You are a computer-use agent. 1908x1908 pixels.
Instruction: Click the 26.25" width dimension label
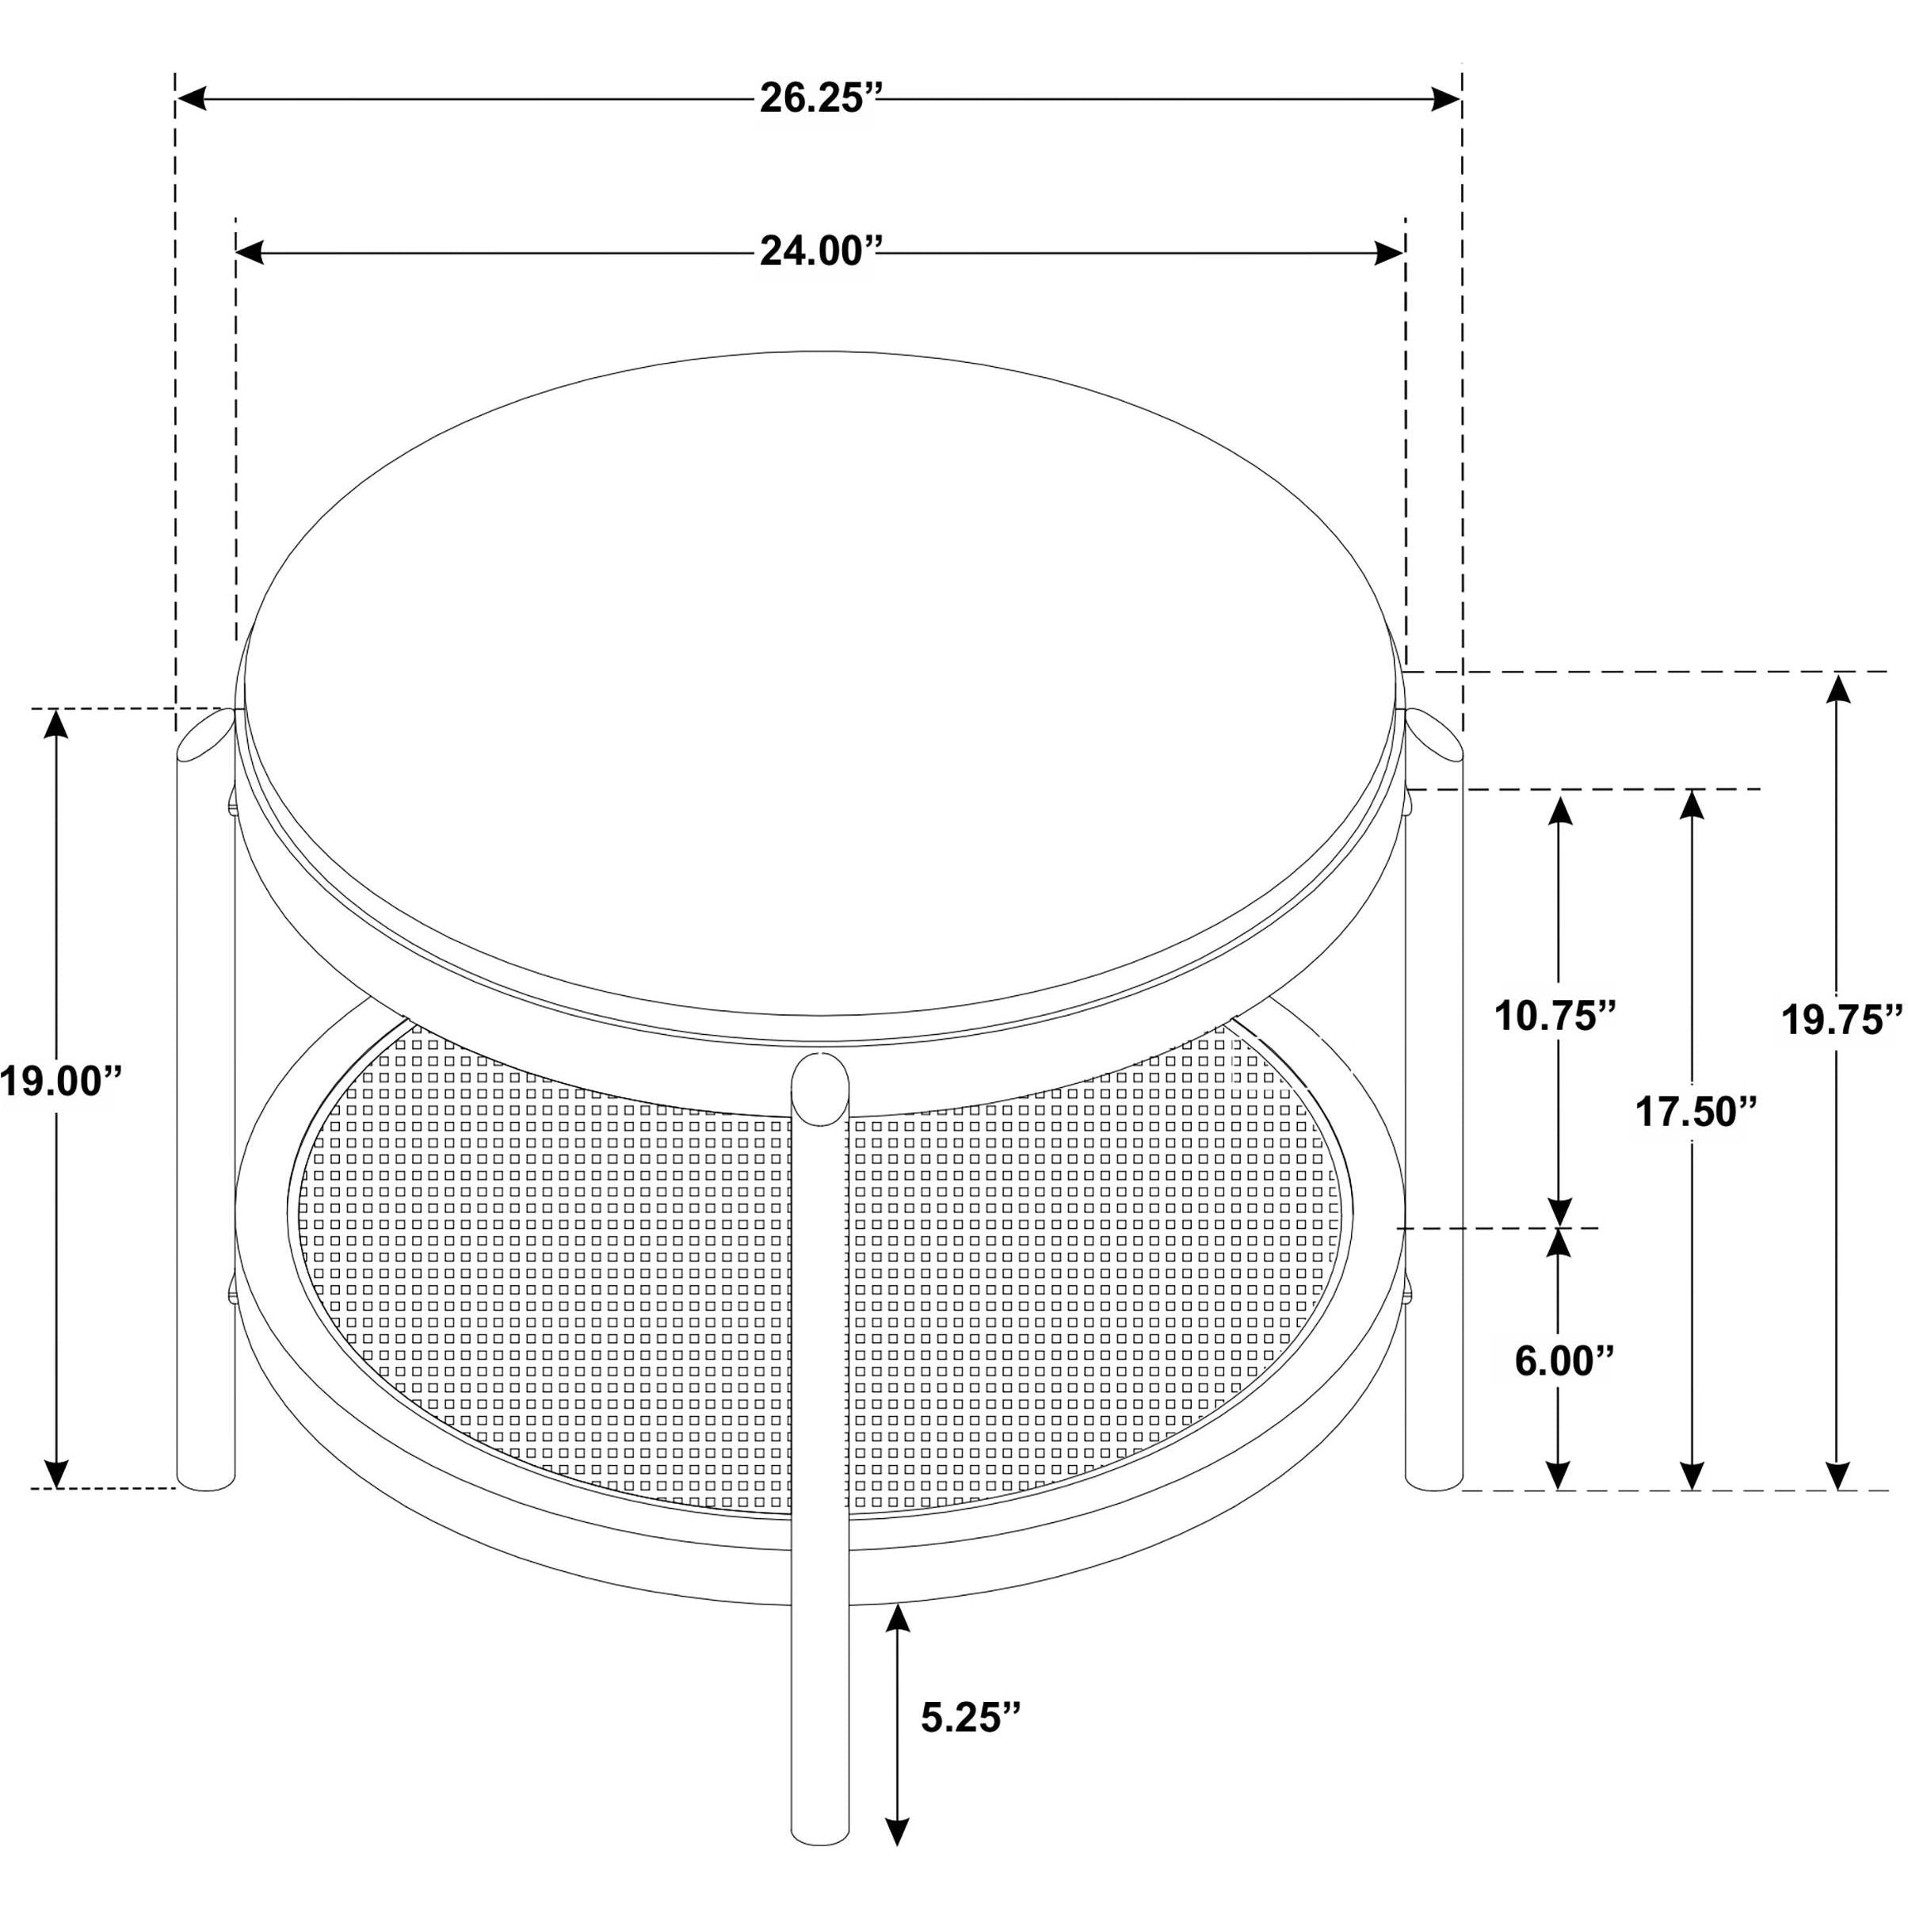click(x=819, y=99)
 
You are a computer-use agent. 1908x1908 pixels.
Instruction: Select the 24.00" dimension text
click(x=819, y=253)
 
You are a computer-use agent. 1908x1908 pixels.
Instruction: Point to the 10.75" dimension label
click(x=1555, y=1015)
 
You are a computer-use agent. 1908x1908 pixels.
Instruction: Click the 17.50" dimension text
click(x=1696, y=1112)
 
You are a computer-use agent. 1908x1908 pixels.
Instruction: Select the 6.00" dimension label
click(x=1564, y=1361)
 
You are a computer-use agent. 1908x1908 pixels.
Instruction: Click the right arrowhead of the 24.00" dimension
click(x=1390, y=253)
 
